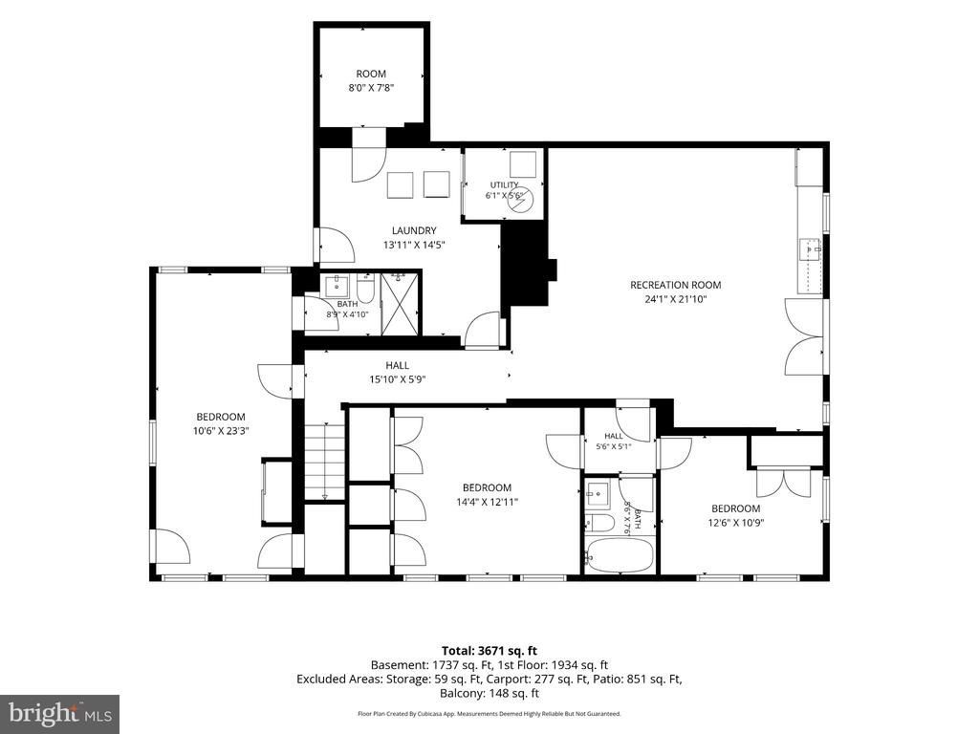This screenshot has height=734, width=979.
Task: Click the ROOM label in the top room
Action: [371, 74]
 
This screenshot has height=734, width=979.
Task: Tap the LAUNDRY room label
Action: [414, 230]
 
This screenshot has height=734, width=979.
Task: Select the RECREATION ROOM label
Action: [676, 285]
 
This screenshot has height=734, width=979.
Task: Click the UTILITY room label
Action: [504, 184]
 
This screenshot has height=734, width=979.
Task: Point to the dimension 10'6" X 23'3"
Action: [221, 431]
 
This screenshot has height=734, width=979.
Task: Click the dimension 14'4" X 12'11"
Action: [487, 502]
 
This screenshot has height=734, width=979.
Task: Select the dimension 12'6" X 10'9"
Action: [735, 523]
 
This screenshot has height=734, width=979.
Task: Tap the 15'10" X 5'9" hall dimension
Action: [398, 378]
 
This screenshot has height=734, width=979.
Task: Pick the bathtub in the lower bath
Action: [620, 555]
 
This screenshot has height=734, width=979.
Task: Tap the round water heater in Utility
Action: [521, 201]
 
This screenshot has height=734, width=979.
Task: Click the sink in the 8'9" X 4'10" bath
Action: [337, 286]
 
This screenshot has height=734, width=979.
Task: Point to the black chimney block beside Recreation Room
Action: [528, 264]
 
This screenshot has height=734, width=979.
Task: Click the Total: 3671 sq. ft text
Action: [489, 652]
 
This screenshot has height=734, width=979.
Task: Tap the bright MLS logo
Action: [60, 713]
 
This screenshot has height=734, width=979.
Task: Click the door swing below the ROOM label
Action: [368, 163]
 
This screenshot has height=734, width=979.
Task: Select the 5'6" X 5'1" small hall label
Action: [613, 447]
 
